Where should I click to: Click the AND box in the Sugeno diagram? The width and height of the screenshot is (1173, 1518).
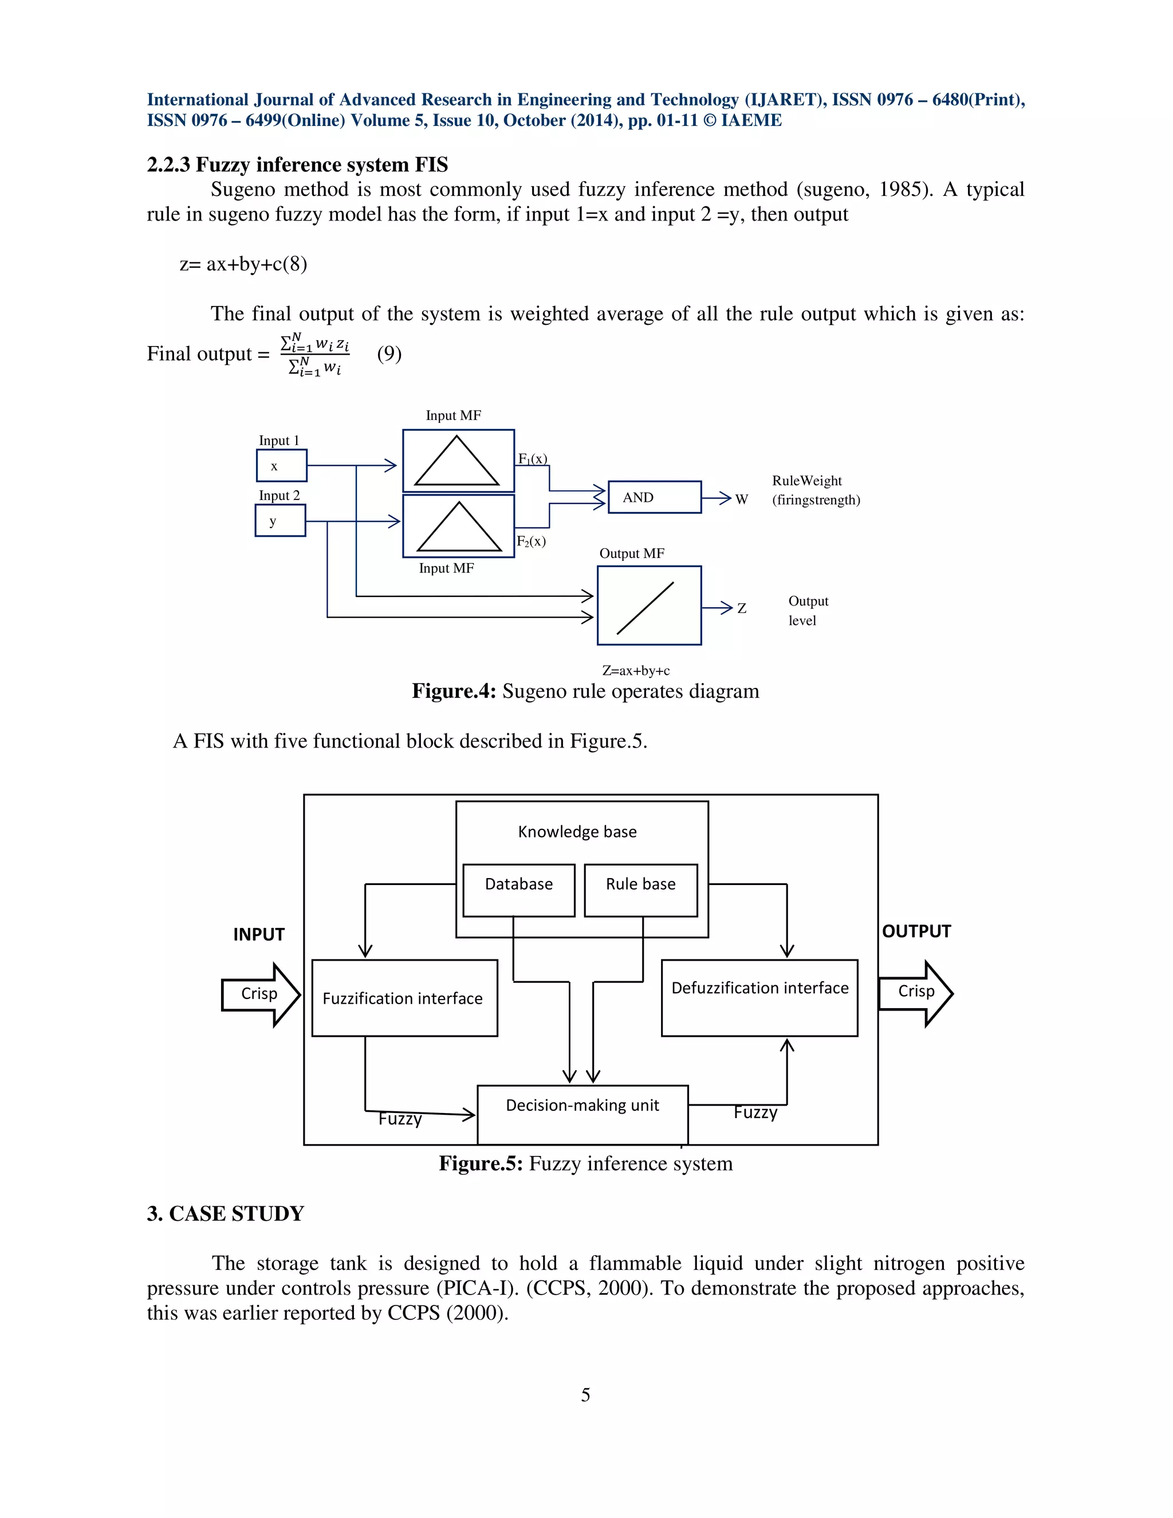pyautogui.click(x=654, y=497)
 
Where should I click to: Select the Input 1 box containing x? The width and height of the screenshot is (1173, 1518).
pyautogui.click(x=281, y=466)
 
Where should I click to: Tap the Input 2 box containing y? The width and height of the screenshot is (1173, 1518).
pyautogui.click(x=280, y=521)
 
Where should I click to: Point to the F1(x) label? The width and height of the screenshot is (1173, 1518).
pyautogui.click(x=532, y=459)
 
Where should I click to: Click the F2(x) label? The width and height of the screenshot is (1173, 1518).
pyautogui.click(x=531, y=541)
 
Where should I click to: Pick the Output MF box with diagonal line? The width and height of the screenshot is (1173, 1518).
pyautogui.click(x=649, y=605)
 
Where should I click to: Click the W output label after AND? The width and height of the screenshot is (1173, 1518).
pyautogui.click(x=742, y=499)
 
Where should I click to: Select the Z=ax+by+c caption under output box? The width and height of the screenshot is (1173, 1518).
pyautogui.click(x=636, y=671)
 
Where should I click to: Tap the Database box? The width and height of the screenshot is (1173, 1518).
pyautogui.click(x=518, y=890)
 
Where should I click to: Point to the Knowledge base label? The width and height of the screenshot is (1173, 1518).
pyautogui.click(x=577, y=831)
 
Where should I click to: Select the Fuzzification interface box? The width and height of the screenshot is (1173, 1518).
pyautogui.click(x=404, y=998)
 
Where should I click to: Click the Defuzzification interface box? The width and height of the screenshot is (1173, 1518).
pyautogui.click(x=759, y=998)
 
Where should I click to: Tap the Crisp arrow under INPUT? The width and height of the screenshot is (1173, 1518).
pyautogui.click(x=260, y=994)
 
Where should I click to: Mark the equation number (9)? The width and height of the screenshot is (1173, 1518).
pyautogui.click(x=389, y=354)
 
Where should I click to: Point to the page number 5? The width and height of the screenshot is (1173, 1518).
pyautogui.click(x=586, y=1394)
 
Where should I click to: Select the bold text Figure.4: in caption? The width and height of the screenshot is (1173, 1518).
pyautogui.click(x=454, y=691)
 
